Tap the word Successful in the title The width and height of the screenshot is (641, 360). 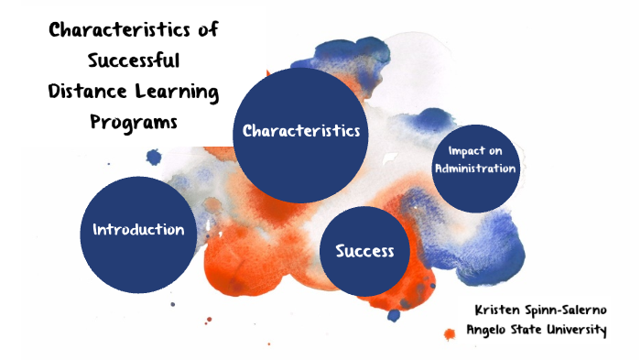tap(134, 62)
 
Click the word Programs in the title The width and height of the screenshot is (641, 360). tap(133, 123)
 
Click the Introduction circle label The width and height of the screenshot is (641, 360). tap(138, 229)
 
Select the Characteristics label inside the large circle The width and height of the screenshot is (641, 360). tap(300, 131)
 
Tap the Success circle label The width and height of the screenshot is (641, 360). tap(364, 251)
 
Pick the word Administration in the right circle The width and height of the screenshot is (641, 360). tap(476, 168)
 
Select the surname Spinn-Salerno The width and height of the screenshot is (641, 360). tap(570, 311)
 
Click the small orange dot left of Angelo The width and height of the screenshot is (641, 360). tap(449, 333)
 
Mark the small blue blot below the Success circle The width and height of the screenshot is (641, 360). tap(394, 315)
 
